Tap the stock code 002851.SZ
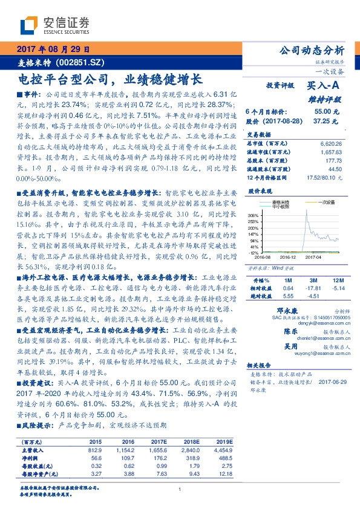pos(80,62)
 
